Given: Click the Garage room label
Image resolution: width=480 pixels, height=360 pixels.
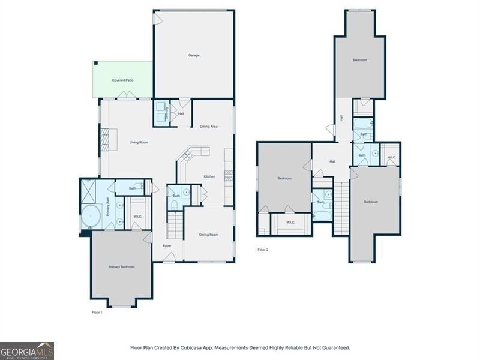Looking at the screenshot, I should click(x=194, y=55).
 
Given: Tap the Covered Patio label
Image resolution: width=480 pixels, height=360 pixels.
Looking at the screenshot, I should click(x=122, y=80).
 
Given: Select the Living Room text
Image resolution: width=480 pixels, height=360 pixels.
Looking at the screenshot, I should click(x=139, y=142).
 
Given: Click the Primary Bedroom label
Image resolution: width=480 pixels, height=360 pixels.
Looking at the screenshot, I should click(x=121, y=266).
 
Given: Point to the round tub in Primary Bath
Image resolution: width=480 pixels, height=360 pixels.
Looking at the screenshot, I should click(x=91, y=215).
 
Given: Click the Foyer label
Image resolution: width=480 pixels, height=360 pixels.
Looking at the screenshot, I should click(x=167, y=245).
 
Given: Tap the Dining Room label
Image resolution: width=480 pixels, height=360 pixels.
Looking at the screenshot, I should click(x=208, y=235).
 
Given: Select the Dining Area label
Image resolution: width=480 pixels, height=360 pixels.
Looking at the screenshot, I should click(x=208, y=127).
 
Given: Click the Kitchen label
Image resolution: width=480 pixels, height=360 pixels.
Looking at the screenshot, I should click(x=209, y=176).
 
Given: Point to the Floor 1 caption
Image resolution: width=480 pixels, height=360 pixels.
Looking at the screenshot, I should click(x=97, y=313).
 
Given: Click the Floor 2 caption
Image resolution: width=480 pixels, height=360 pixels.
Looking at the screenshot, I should click(x=263, y=250).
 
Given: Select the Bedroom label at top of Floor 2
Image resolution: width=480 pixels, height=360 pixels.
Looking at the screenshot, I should click(x=359, y=60).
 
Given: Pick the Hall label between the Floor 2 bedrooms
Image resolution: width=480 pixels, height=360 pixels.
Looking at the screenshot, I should click(x=332, y=161).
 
